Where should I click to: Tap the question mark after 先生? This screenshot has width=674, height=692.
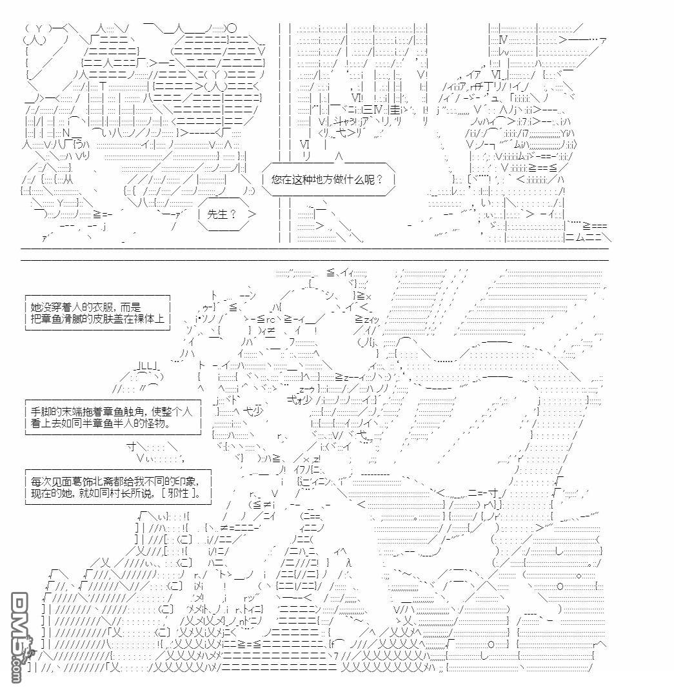233,214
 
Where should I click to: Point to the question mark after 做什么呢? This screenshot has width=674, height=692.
379,179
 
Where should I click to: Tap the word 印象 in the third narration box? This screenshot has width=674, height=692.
178,481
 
